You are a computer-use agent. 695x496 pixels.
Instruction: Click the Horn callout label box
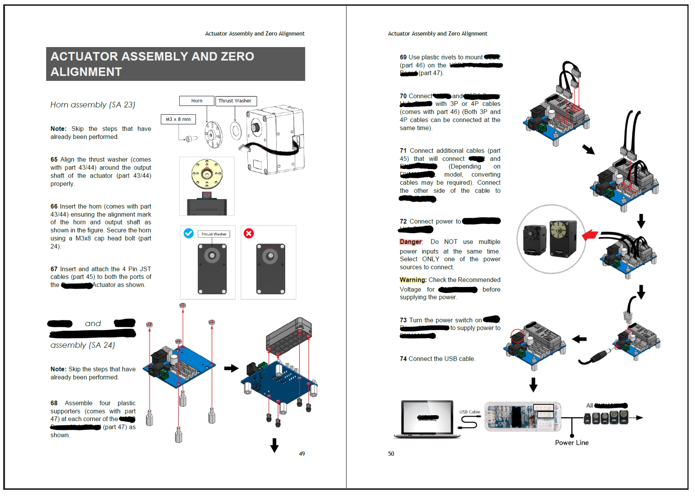[x=197, y=101]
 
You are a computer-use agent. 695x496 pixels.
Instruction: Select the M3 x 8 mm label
[x=178, y=119]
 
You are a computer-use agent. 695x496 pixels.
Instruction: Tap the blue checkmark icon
[x=188, y=233]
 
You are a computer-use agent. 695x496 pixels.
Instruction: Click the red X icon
[x=249, y=233]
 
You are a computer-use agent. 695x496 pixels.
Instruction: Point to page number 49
[x=302, y=454]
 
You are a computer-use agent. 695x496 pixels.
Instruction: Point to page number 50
[x=391, y=454]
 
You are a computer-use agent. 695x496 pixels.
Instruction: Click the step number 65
[x=54, y=160]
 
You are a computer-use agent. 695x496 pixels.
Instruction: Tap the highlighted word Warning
[x=413, y=280]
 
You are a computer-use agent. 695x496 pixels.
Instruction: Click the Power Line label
[x=572, y=443]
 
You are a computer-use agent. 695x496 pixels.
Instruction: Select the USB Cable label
[x=470, y=412]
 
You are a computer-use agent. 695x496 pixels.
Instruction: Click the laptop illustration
[x=427, y=419]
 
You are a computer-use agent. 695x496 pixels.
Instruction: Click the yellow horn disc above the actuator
[x=207, y=174]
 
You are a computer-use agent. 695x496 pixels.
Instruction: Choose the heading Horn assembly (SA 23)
[x=93, y=105]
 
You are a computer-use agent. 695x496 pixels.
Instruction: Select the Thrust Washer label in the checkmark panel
[x=214, y=234]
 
